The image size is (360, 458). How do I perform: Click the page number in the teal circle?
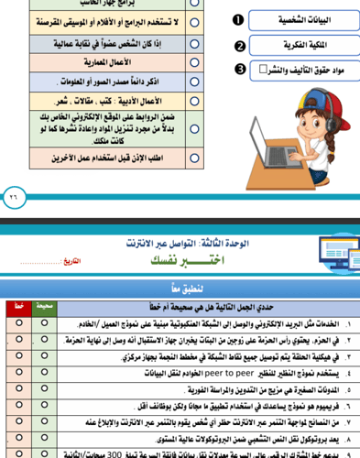point(13,195)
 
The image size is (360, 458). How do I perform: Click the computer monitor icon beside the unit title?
point(333,251)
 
